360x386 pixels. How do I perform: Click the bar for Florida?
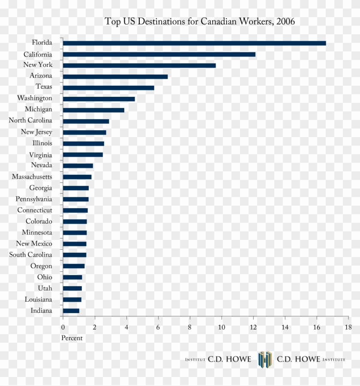point(194,43)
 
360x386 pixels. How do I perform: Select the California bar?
point(159,54)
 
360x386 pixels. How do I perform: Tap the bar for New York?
point(139,66)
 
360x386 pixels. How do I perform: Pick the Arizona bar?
point(115,77)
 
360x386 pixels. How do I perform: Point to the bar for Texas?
point(108,88)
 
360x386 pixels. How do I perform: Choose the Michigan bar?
point(93,110)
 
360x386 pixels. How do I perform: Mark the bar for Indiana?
point(71,311)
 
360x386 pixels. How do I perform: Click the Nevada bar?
point(78,166)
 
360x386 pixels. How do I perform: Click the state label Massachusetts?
point(32,177)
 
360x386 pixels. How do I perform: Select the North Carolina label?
point(30,121)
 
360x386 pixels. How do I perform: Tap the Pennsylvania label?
point(34,199)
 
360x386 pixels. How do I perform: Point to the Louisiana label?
point(38,299)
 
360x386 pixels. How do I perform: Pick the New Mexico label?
point(34,244)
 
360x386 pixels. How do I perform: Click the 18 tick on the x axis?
point(348,328)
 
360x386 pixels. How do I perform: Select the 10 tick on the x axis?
point(222,328)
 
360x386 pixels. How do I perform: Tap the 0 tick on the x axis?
point(63,328)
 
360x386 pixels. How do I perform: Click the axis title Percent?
point(72,338)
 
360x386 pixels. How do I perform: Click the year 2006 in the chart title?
point(285,21)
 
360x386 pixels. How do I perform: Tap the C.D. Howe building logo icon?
point(264,359)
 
